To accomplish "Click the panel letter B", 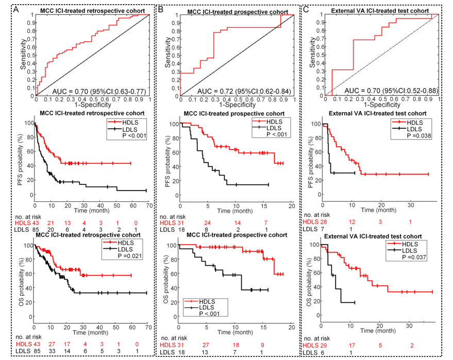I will (x=161, y=8).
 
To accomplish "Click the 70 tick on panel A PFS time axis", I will (x=148, y=206).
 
